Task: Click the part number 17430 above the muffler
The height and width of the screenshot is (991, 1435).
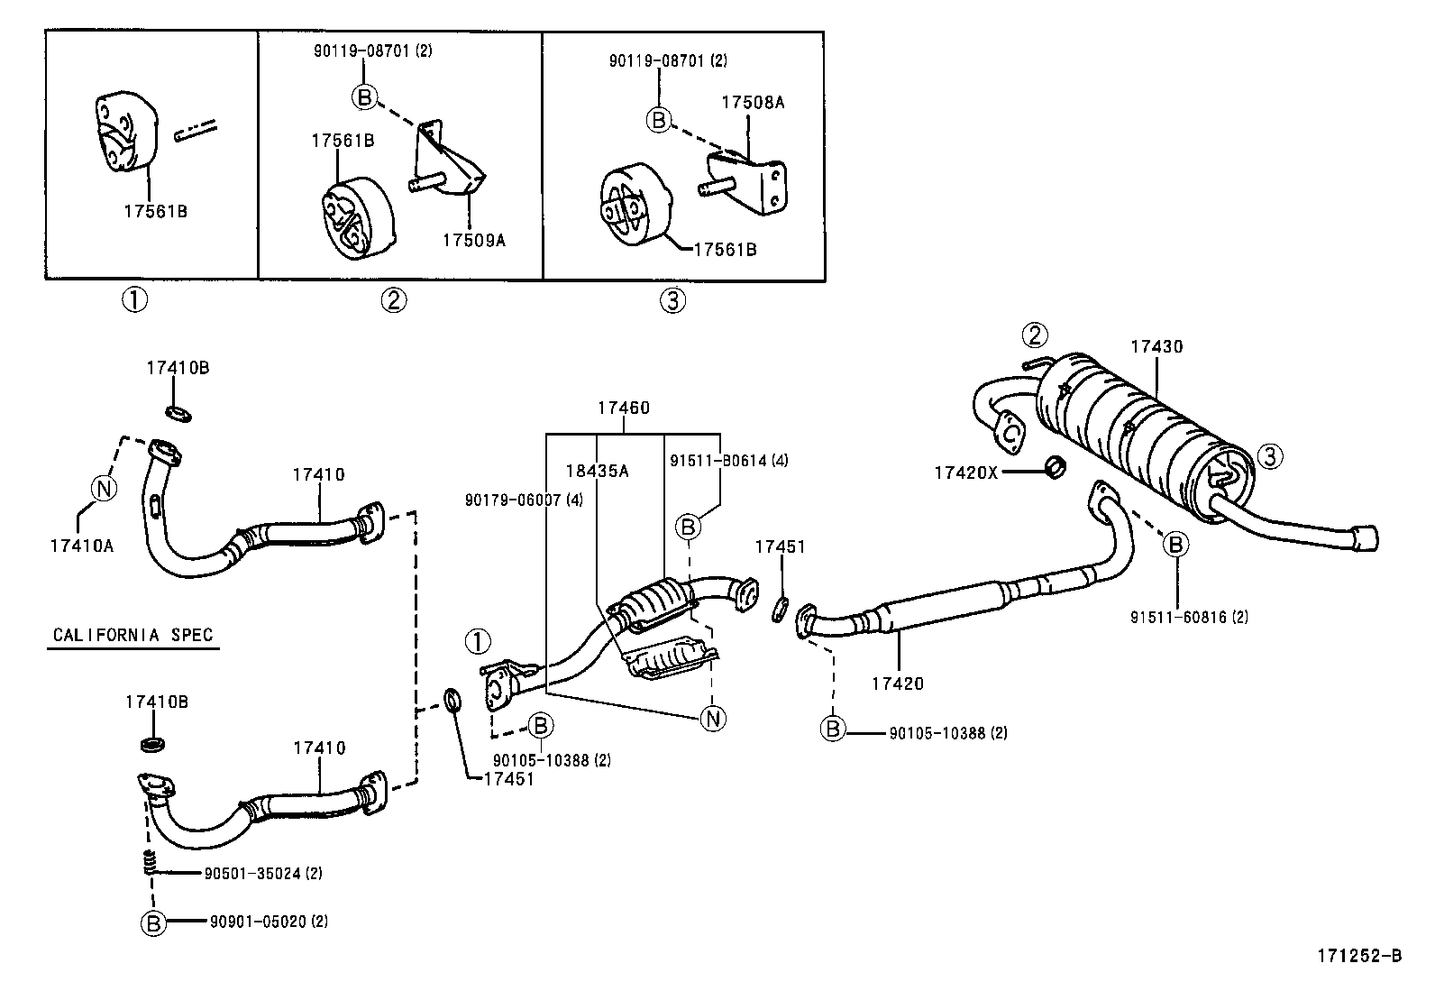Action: (1156, 347)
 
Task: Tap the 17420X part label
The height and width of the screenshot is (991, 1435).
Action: (965, 473)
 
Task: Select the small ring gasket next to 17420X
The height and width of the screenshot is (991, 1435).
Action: (1056, 467)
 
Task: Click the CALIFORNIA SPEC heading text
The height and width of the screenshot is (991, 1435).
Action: (133, 635)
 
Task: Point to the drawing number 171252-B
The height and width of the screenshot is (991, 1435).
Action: (1359, 956)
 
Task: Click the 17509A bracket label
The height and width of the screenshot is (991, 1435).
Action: (474, 241)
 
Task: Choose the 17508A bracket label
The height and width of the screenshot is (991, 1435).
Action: (753, 103)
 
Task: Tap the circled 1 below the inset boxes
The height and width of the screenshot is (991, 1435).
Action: (134, 300)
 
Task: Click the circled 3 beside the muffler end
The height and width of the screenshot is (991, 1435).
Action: (1270, 456)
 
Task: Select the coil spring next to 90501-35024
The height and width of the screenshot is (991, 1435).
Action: (150, 862)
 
